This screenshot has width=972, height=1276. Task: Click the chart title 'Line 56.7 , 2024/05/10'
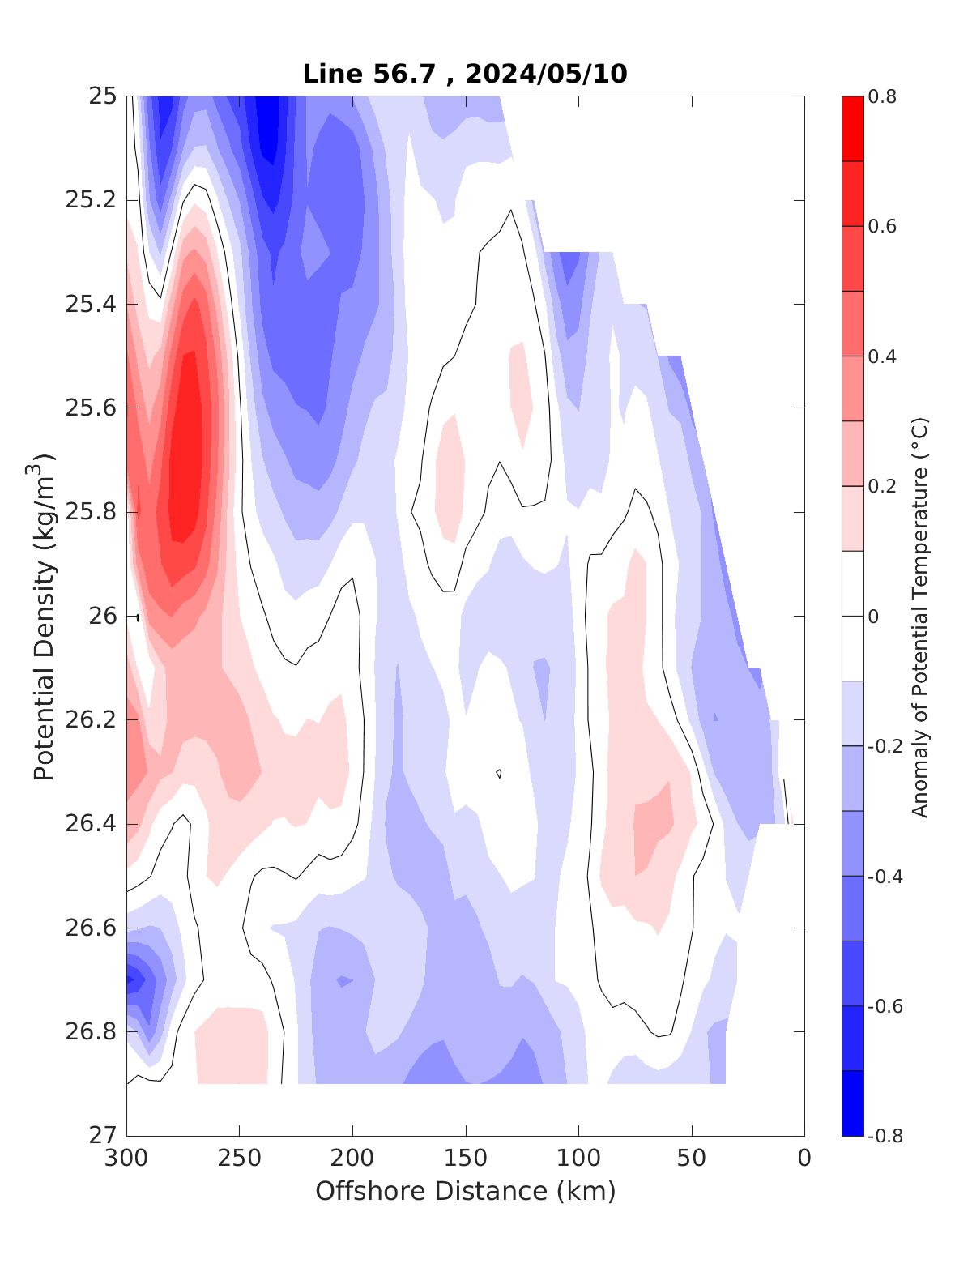[464, 74]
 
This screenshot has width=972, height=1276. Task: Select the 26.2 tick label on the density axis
[90, 720]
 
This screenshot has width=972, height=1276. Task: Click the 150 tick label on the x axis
[466, 1159]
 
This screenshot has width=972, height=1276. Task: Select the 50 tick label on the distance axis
[692, 1159]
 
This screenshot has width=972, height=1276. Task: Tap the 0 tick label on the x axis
[804, 1159]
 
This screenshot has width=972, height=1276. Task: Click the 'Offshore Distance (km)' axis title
[465, 1191]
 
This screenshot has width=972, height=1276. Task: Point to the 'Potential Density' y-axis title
[45, 616]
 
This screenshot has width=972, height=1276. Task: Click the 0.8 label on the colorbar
[882, 96]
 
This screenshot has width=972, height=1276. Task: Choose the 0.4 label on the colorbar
[882, 356]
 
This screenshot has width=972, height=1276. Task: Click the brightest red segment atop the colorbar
[852, 128]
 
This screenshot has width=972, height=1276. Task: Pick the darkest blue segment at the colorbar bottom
[852, 1103]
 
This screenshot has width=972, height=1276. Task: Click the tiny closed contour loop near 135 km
[498, 773]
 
